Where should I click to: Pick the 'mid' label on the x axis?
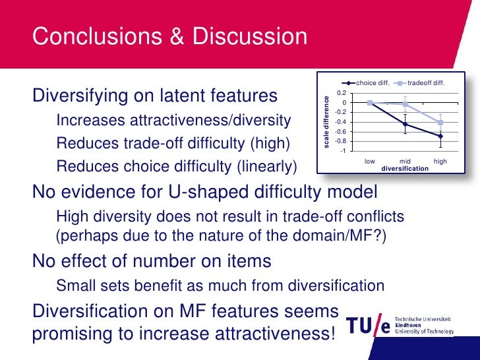coord(405,161)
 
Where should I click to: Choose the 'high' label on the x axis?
coord(440,161)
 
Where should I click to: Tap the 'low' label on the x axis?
coord(370,161)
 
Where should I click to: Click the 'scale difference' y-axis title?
coord(325,121)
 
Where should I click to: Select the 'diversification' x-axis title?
coord(405,168)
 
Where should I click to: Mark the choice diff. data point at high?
coord(440,136)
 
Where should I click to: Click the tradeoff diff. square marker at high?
coord(440,123)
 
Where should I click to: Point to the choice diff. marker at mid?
coord(405,124)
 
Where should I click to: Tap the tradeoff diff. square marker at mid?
coord(405,104)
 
